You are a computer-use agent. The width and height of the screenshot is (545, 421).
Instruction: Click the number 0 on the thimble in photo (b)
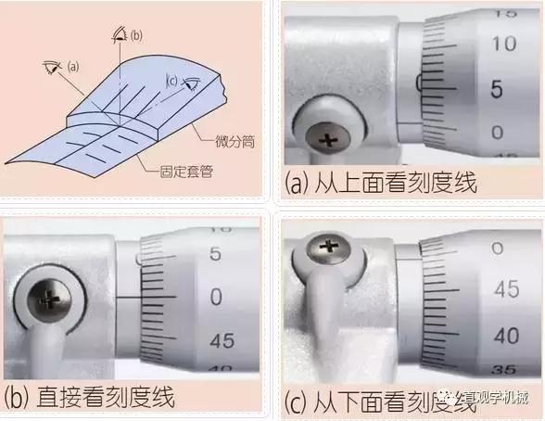(216, 297)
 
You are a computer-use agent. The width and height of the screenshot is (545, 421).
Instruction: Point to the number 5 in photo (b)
(216, 253)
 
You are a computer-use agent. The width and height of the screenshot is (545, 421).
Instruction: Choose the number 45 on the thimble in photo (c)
(506, 290)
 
